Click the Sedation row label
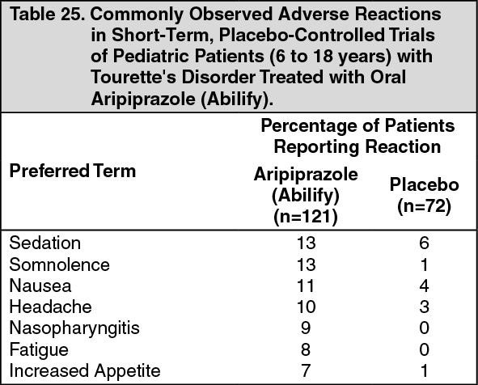click(45, 243)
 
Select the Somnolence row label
click(59, 264)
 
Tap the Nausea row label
click(40, 286)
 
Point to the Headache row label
click(51, 307)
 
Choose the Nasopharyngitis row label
click(74, 329)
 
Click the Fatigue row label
click(39, 350)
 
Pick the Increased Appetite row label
click(85, 371)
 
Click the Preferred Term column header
click(73, 171)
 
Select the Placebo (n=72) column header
click(425, 196)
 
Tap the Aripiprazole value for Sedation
click(306, 243)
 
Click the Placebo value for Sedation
click(425, 243)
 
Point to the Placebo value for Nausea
click(425, 286)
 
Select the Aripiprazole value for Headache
click(306, 307)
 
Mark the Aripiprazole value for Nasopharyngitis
click(306, 328)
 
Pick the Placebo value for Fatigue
click(425, 349)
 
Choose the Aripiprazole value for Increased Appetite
click(306, 371)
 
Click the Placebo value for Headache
click(425, 307)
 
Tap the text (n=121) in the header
click(306, 217)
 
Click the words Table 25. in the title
click(47, 14)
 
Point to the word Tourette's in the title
click(133, 77)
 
